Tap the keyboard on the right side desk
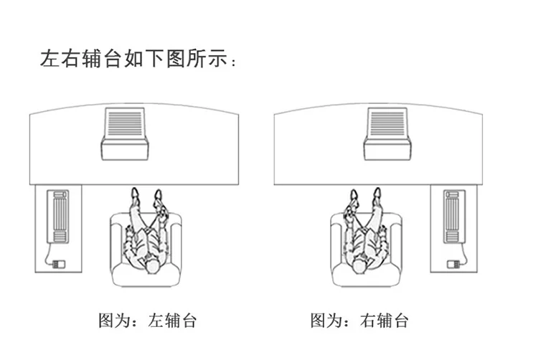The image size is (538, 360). [453, 216]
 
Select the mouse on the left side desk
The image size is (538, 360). [58, 263]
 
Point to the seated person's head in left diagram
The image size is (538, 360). [151, 267]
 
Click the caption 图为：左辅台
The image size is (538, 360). [147, 320]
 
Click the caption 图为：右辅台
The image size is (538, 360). [359, 320]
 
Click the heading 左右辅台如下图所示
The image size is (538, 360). [136, 60]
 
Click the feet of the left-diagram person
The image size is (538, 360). [146, 196]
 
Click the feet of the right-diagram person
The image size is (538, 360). [366, 196]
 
